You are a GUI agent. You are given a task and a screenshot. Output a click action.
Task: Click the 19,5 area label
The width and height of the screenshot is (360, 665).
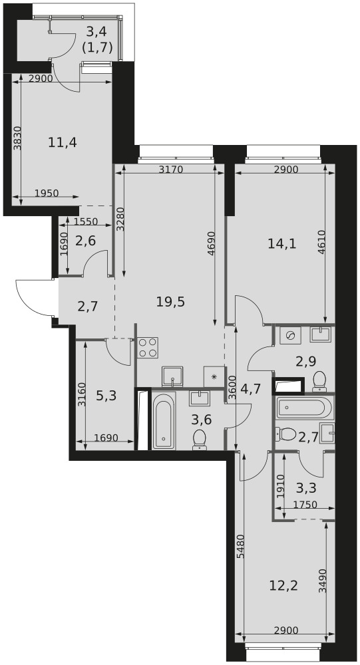pos(170,302)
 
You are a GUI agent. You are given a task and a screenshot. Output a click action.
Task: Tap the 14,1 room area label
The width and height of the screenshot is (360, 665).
pos(281,243)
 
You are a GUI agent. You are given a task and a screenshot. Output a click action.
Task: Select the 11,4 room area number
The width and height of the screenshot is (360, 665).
pos(63,142)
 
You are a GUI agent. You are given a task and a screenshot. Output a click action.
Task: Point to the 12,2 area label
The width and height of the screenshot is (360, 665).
pos(283,586)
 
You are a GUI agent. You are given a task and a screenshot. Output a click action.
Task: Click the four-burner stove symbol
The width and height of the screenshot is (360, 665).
pos(148,347)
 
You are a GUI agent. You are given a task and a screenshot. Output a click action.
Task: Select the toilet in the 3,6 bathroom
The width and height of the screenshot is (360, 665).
pos(199,440)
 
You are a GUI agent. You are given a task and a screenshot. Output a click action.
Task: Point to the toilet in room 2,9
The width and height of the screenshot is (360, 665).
pos(319,381)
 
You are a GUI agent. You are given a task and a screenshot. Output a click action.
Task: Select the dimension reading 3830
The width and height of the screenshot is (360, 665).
pos(17,139)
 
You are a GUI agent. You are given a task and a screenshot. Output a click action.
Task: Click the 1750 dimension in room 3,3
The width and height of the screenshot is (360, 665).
pos(305,505)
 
